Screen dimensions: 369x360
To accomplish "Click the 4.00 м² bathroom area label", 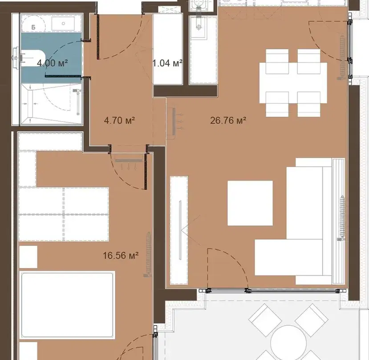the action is (53, 63).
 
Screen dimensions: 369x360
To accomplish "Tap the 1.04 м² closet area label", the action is (167, 63).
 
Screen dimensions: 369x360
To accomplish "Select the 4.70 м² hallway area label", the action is (119, 121).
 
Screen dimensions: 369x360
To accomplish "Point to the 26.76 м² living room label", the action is (228, 121).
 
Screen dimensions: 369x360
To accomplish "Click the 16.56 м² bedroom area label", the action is (121, 255).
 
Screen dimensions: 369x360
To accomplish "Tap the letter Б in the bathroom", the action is (33, 27).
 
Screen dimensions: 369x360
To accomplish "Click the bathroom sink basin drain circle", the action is (63, 23).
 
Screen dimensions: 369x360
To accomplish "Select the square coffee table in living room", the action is (250, 203).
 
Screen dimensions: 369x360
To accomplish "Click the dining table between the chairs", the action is (293, 83).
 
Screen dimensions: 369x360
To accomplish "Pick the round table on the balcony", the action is (288, 342).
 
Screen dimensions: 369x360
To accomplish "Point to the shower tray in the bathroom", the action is (51, 104).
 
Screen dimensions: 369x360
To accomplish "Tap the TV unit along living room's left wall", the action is (179, 230).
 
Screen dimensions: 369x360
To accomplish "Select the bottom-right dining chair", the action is (308, 104).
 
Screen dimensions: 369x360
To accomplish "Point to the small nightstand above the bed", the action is (28, 257).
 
